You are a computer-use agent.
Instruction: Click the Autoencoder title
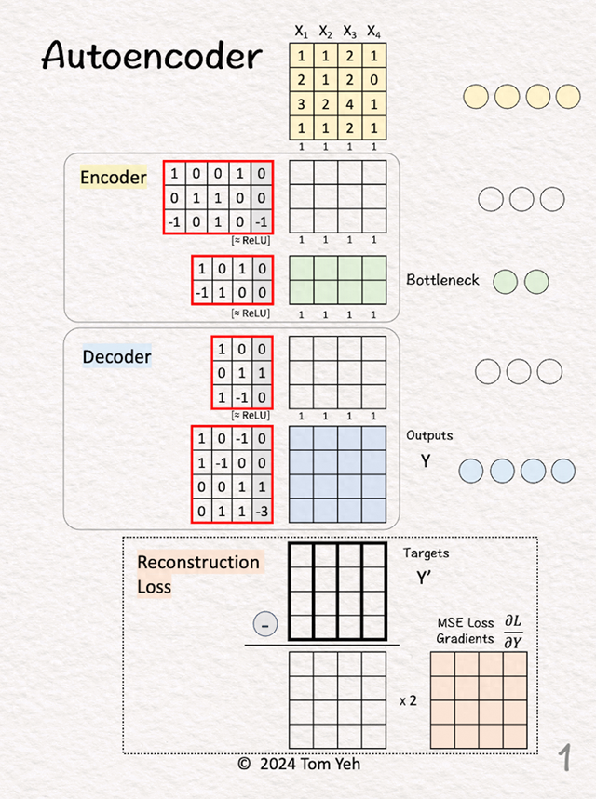coord(152,55)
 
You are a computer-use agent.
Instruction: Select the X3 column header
coord(349,32)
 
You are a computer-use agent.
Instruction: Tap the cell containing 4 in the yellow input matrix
coord(349,104)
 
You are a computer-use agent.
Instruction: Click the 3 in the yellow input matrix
coord(301,104)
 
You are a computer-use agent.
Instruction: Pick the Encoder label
coord(114,178)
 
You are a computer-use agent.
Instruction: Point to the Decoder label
coord(116,356)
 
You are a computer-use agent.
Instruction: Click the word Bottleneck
coord(442,280)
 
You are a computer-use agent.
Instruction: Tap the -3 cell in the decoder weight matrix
coord(262,511)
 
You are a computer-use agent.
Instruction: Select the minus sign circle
coord(265,624)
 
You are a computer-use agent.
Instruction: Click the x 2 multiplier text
coord(408,700)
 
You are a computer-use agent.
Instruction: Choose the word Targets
coord(427,553)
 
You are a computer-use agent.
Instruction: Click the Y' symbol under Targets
coord(424,578)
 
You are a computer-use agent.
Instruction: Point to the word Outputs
coord(429,435)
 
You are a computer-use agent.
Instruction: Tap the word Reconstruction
coord(198,562)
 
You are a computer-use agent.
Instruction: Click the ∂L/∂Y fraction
coord(513,632)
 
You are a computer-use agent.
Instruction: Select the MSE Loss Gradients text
coord(465,631)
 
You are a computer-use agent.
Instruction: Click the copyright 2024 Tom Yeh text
coord(300,764)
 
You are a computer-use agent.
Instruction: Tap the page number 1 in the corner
coord(564,757)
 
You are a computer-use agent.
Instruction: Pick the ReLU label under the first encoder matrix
coord(251,241)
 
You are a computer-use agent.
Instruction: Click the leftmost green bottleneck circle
coord(505,282)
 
